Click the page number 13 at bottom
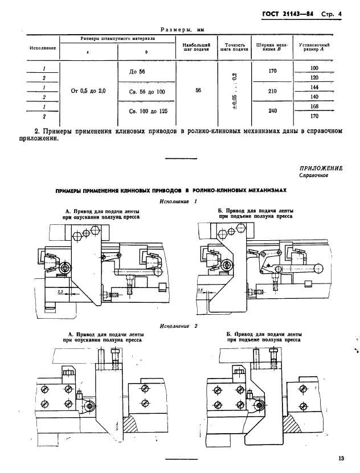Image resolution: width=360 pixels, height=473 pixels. [341, 458]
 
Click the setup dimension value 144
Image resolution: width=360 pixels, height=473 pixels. [314, 88]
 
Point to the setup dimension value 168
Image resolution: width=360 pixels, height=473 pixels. [314, 106]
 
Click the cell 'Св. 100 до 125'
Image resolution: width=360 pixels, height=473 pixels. [146, 110]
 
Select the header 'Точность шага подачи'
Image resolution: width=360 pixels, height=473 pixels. [235, 47]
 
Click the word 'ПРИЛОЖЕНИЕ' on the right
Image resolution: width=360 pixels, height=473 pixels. [321, 168]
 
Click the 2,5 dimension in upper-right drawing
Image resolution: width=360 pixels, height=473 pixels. [201, 290]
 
